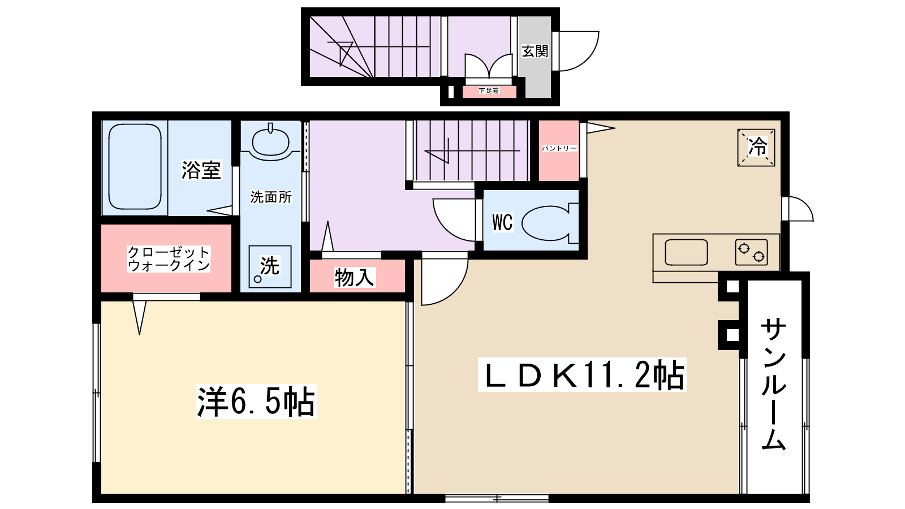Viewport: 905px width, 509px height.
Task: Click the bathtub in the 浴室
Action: tap(135, 166)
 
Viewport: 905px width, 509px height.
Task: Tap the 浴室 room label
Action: tap(201, 170)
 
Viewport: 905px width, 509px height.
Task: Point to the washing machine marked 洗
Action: tap(270, 266)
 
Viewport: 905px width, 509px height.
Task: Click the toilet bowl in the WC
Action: tap(550, 223)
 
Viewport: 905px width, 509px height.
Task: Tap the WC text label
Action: tap(502, 222)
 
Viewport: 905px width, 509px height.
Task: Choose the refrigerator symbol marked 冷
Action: tap(756, 148)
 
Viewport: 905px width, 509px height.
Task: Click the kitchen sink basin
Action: tap(686, 252)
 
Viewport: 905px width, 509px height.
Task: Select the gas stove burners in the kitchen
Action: tap(751, 252)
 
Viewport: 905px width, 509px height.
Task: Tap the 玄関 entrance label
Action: tap(535, 51)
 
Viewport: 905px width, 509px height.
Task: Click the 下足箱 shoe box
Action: tap(489, 91)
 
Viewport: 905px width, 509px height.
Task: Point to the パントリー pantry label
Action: tap(559, 148)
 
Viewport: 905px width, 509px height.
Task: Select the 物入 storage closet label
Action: tap(354, 278)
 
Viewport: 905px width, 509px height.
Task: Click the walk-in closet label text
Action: tap(169, 259)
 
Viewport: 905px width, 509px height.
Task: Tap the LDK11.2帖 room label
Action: tap(582, 375)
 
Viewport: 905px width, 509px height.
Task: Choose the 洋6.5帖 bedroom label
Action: tap(256, 402)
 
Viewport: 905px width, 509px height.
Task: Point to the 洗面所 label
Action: tap(271, 197)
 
